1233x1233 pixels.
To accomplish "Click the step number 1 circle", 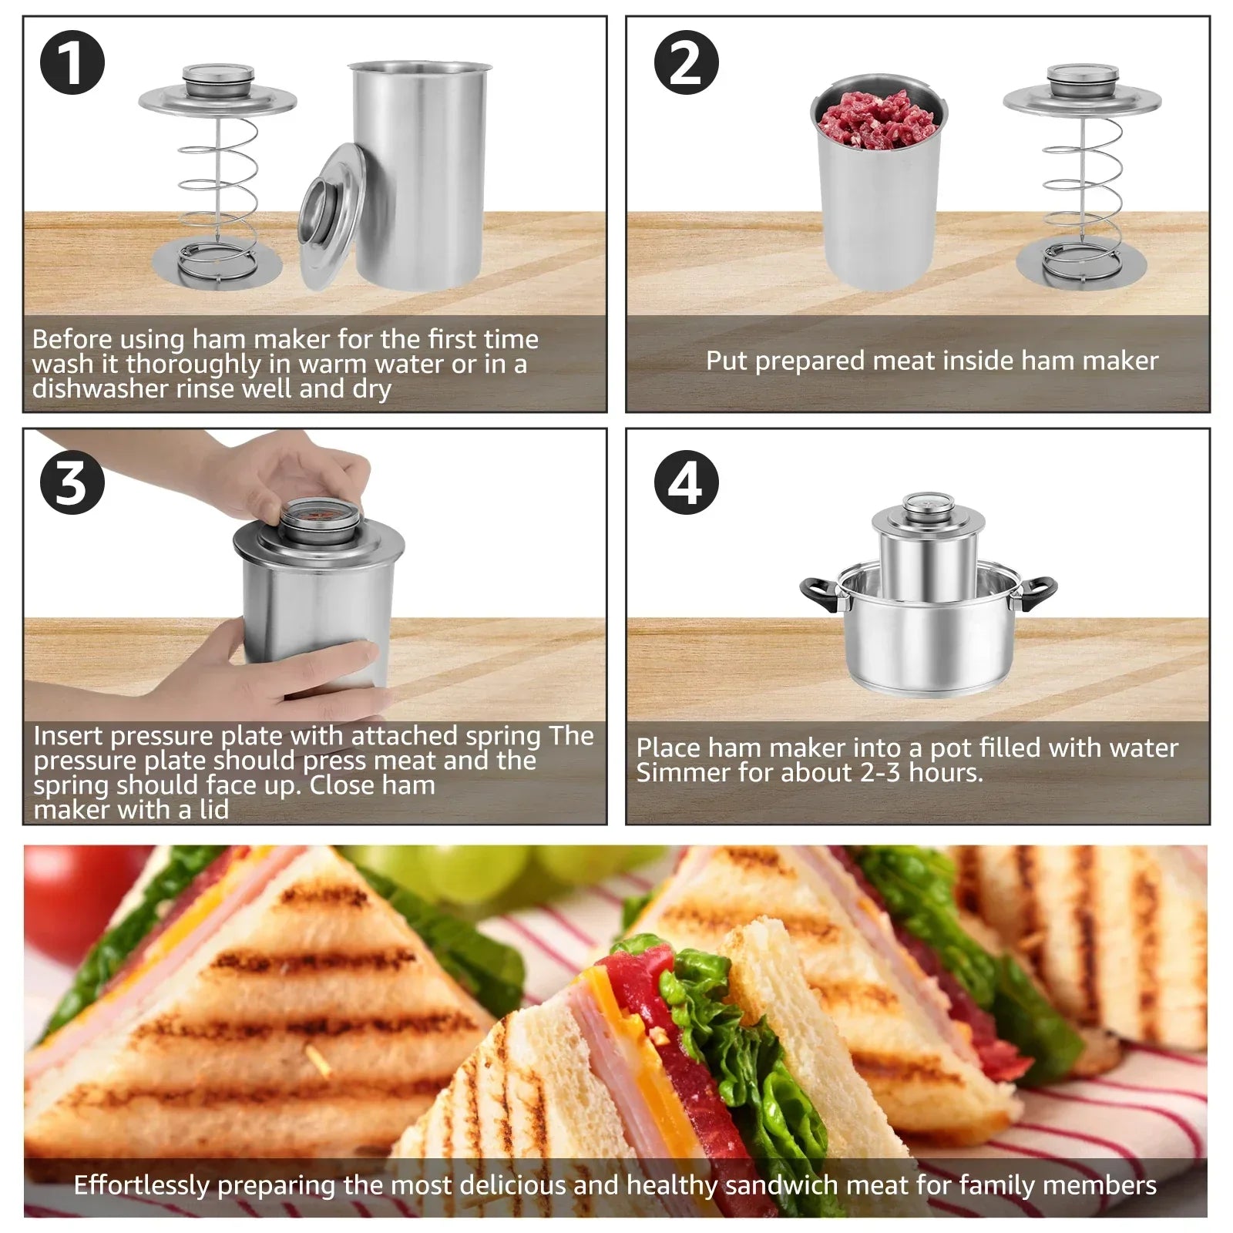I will point(72,62).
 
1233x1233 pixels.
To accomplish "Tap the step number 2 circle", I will point(686,62).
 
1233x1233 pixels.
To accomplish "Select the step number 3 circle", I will point(72,482).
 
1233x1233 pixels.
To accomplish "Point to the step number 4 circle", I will point(686,482).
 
